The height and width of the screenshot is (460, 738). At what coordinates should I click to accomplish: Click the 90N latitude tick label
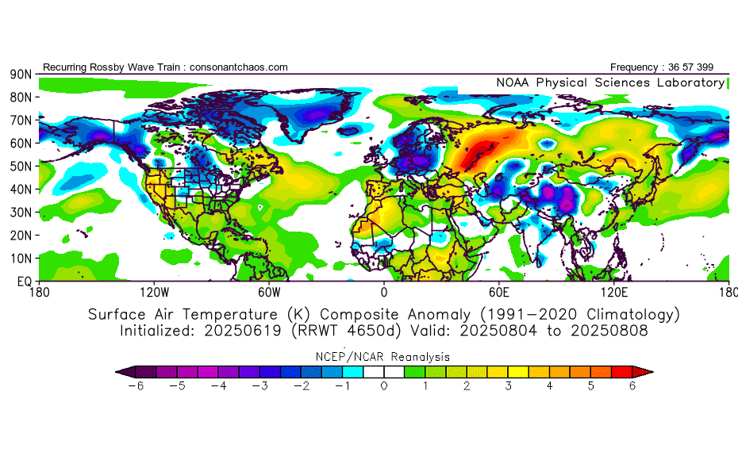point(20,74)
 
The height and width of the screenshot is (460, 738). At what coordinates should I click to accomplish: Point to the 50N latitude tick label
point(20,166)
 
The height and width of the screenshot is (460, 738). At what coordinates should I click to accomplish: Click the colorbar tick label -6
point(136,386)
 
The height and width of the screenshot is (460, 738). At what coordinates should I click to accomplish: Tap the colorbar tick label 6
point(632,386)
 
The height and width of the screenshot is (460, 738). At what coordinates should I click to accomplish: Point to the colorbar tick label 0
point(384,386)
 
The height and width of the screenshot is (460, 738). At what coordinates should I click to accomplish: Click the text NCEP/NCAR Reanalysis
point(384,357)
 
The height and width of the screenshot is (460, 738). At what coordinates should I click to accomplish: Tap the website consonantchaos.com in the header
point(239,67)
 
